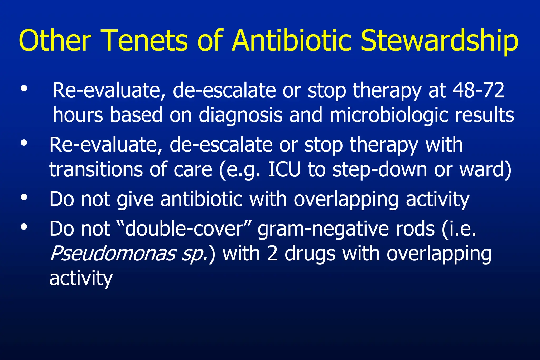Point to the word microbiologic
click(389, 115)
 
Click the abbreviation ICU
click(284, 169)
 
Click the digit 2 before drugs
click(272, 254)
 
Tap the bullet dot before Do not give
click(24, 197)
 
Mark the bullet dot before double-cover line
click(24, 227)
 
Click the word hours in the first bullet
click(78, 115)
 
